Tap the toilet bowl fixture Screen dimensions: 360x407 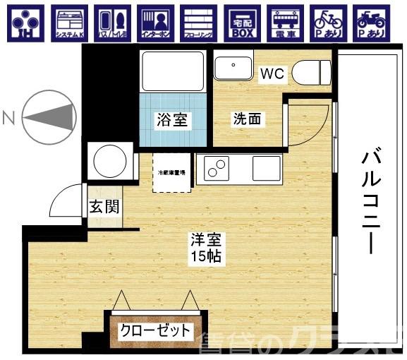pyautogui.click(x=312, y=71)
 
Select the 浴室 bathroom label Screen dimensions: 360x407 pyautogui.click(x=172, y=119)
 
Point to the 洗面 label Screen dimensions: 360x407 pyautogui.click(x=247, y=119)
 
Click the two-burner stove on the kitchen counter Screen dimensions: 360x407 pyautogui.click(x=216, y=169)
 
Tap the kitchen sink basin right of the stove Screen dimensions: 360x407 pyautogui.click(x=266, y=169)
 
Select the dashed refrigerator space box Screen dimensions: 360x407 pyautogui.click(x=172, y=172)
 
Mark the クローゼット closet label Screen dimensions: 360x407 pyautogui.click(x=154, y=330)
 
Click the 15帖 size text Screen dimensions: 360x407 pyautogui.click(x=206, y=256)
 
